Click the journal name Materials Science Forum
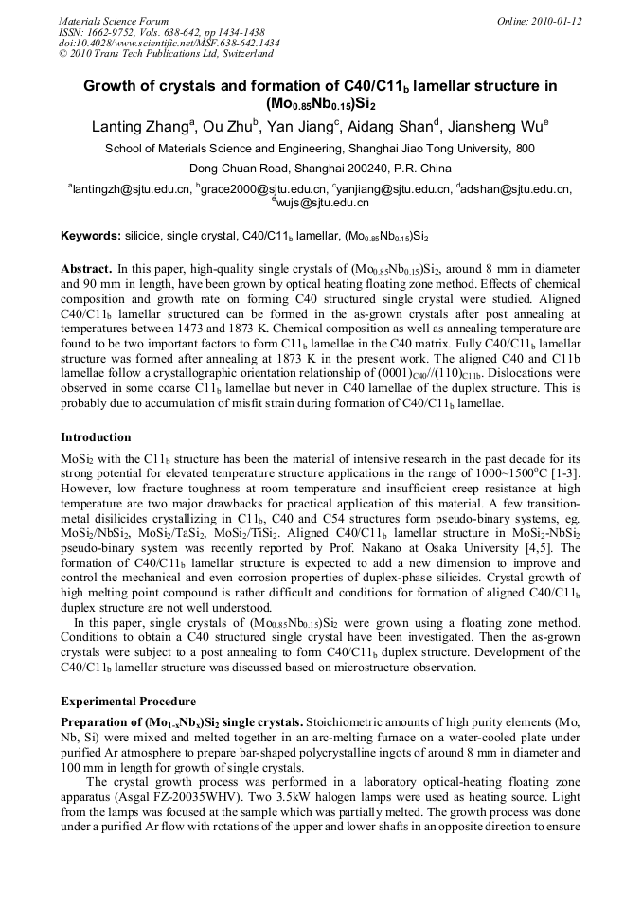point(114,21)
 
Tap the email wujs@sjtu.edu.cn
point(322,203)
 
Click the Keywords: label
point(91,235)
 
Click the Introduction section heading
point(96,437)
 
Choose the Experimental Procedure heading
point(128,702)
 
